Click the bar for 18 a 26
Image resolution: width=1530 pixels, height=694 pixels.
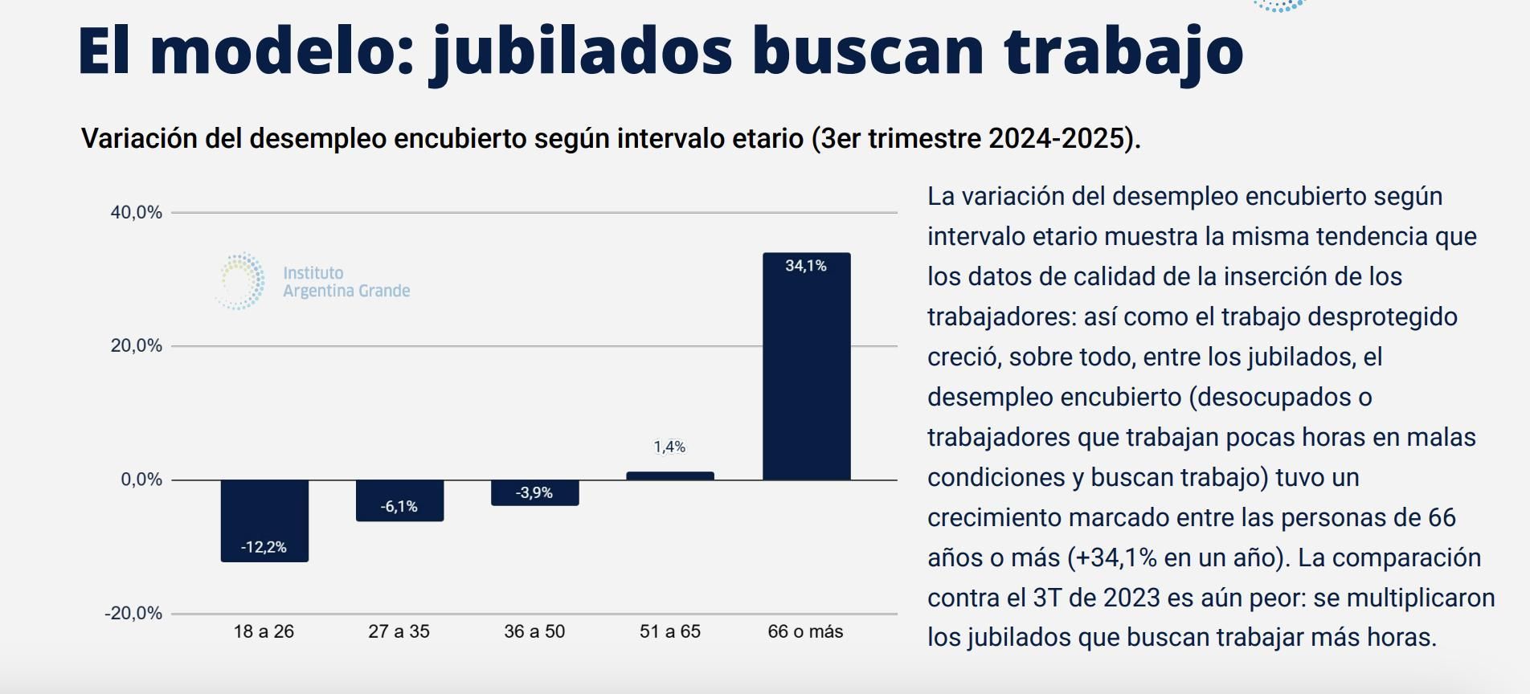[x=264, y=520]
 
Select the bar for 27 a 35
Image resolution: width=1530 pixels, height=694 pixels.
[x=399, y=500]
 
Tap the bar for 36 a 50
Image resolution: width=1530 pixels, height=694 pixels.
[x=534, y=492]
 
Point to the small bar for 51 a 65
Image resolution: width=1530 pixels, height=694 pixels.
[x=669, y=476]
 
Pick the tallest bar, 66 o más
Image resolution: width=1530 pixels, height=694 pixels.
[x=806, y=366]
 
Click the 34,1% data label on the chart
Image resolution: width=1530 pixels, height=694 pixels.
[x=806, y=266]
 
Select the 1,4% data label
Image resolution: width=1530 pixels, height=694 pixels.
[x=669, y=447]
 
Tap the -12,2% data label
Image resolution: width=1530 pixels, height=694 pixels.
[x=264, y=547]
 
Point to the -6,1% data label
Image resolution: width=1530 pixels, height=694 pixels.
[x=399, y=506]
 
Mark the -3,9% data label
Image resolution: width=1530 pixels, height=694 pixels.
[x=534, y=492]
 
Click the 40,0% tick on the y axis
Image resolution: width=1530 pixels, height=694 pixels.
[x=137, y=212]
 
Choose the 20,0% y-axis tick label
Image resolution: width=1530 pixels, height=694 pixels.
[x=137, y=345]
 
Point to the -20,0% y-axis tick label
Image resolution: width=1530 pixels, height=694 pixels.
[x=133, y=613]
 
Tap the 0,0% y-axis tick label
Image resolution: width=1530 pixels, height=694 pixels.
[x=141, y=480]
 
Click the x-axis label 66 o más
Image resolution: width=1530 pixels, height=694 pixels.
[x=805, y=631]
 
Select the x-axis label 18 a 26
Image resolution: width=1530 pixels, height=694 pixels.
[x=264, y=631]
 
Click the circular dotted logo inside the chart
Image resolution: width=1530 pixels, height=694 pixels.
[x=240, y=281]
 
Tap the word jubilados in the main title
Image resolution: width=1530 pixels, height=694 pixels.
[x=582, y=50]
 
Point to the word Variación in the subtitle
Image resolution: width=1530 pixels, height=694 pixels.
[x=139, y=138]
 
